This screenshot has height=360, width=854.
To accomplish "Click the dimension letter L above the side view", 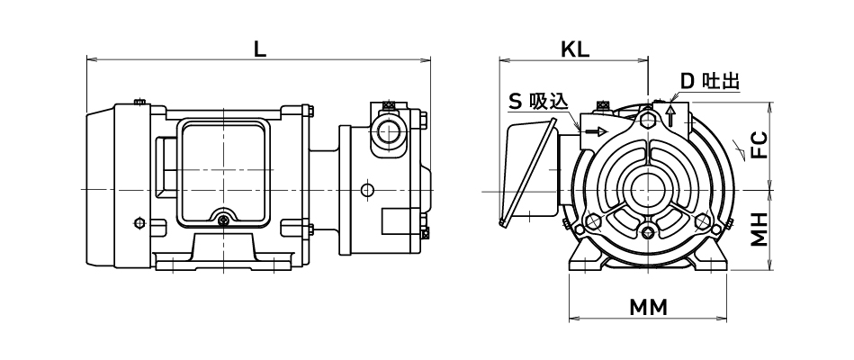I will point(259,49).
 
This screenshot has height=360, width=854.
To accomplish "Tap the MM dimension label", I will point(647,307).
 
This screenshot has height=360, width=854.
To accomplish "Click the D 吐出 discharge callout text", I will point(708,81).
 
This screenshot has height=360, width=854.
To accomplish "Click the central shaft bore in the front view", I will point(648,190).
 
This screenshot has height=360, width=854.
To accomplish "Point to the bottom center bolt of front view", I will point(649,234).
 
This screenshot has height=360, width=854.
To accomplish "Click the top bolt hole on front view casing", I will point(648,117).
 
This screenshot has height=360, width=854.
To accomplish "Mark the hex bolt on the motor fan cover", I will point(137,222).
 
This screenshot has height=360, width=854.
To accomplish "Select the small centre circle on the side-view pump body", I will point(365,190).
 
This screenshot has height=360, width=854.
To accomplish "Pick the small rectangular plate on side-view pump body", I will point(396,220).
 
